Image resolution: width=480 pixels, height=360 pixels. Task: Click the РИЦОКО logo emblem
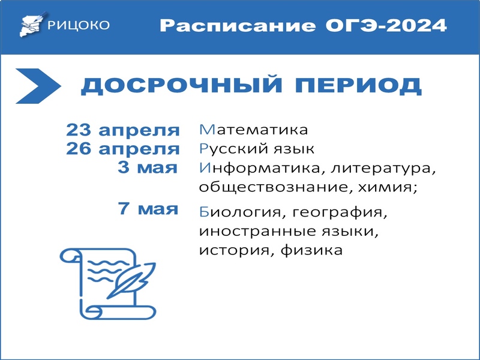[x=34, y=25]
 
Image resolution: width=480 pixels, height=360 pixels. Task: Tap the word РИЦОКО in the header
[x=79, y=25]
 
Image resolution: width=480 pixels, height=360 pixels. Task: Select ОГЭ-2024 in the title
[x=386, y=25]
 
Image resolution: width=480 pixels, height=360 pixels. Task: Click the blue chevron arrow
[x=38, y=86]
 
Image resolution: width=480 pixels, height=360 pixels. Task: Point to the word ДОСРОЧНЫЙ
[x=181, y=85]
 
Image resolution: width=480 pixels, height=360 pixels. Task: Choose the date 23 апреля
[x=123, y=130]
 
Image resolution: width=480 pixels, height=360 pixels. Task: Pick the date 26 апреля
[x=123, y=149]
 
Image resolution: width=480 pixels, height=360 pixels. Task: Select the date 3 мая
[x=148, y=167]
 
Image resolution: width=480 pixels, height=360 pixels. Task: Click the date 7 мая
[x=148, y=208]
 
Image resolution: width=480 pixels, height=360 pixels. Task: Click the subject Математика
[x=253, y=130]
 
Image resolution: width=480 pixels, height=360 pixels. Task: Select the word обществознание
[x=274, y=187]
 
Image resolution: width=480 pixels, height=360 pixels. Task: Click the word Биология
[x=241, y=212]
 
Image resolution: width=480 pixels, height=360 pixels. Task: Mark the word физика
[x=311, y=250]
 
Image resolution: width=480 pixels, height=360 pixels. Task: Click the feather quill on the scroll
[x=131, y=280]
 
